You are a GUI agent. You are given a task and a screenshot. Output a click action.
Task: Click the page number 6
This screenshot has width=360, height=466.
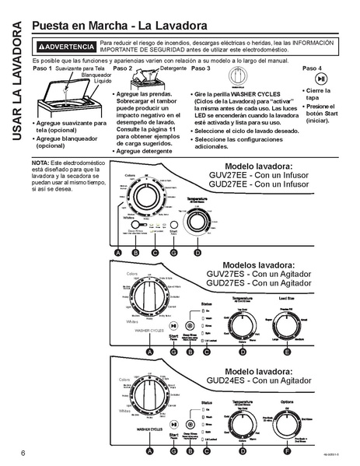click(x=13, y=453)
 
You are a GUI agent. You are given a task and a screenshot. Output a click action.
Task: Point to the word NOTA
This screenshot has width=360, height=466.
click(x=40, y=162)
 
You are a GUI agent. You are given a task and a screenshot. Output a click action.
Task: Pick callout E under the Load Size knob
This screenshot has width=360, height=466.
click(x=288, y=352)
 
